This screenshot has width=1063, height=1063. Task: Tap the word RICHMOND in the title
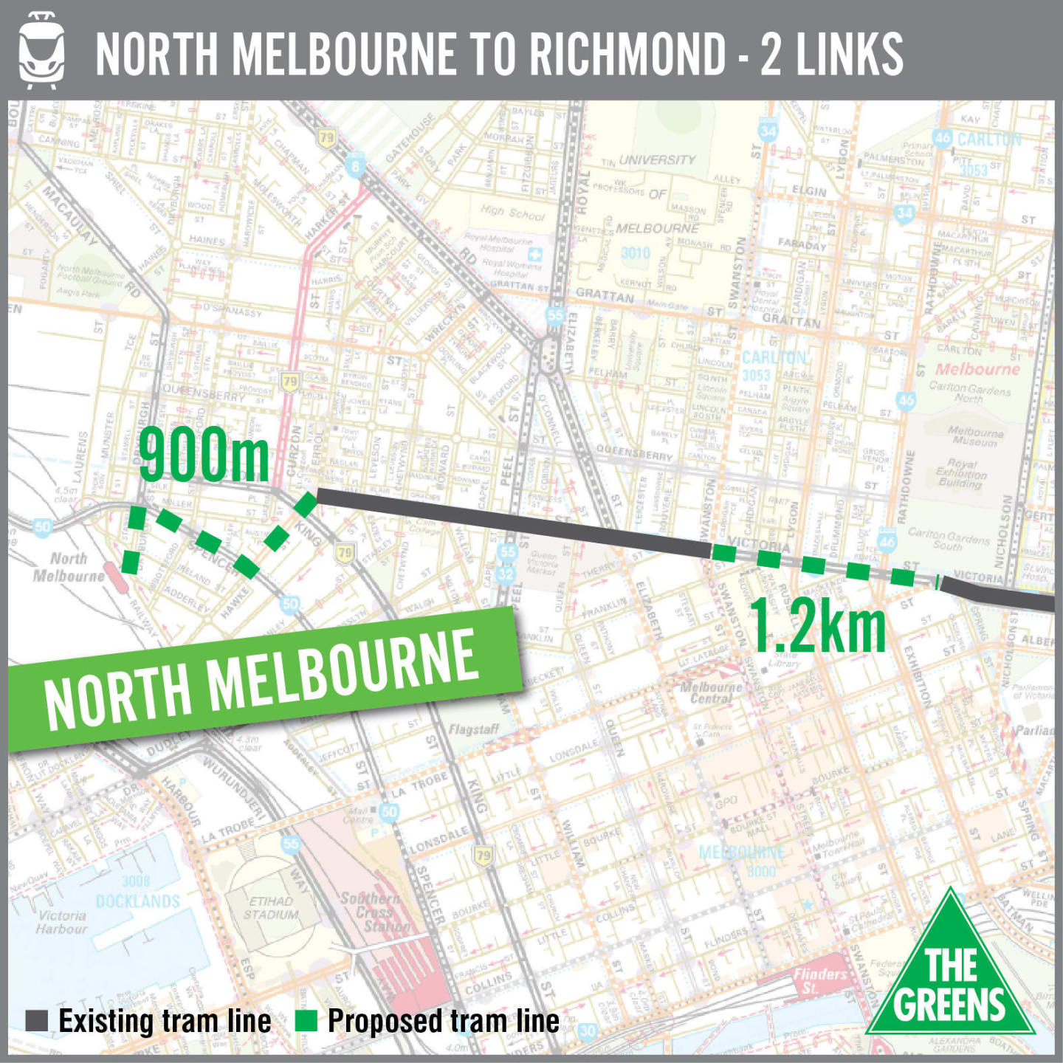[627, 54]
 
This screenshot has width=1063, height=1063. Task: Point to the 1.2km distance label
[819, 627]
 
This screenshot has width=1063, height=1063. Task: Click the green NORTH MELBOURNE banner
[262, 679]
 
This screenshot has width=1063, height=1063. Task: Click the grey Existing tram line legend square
[37, 1021]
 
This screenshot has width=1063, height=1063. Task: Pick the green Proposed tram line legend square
[306, 1021]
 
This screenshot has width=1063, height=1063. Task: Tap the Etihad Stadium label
[271, 908]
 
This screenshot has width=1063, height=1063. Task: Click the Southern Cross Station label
[376, 912]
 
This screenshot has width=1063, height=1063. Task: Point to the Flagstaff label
[474, 729]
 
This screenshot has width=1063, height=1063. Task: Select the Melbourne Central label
[711, 692]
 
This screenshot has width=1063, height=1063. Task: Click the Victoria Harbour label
[62, 922]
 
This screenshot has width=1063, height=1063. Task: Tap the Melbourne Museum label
[975, 436]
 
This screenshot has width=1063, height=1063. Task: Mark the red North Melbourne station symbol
[115, 577]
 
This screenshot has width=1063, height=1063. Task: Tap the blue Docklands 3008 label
[137, 892]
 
